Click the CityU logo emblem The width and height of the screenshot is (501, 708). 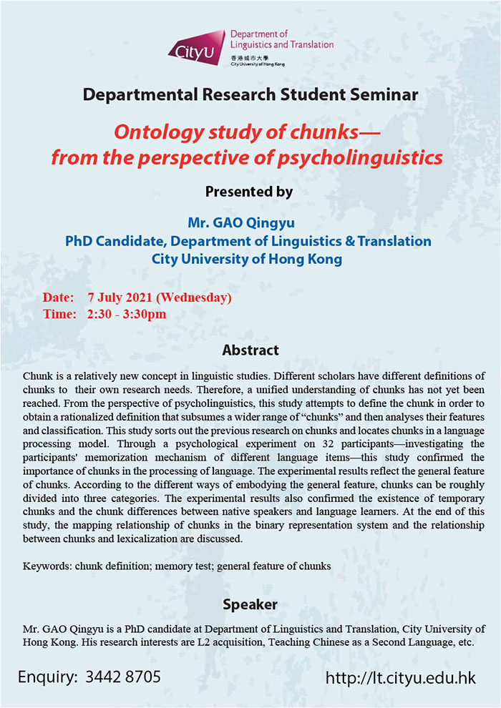[196, 48]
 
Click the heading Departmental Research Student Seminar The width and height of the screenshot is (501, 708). [250, 94]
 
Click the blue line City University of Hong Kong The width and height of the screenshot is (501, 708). [248, 258]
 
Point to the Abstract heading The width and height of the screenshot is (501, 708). [250, 350]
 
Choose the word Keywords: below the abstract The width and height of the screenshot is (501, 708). [47, 566]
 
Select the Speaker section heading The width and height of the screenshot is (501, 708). [250, 605]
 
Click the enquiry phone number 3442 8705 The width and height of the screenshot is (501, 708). [125, 677]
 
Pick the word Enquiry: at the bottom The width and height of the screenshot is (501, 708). [47, 677]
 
